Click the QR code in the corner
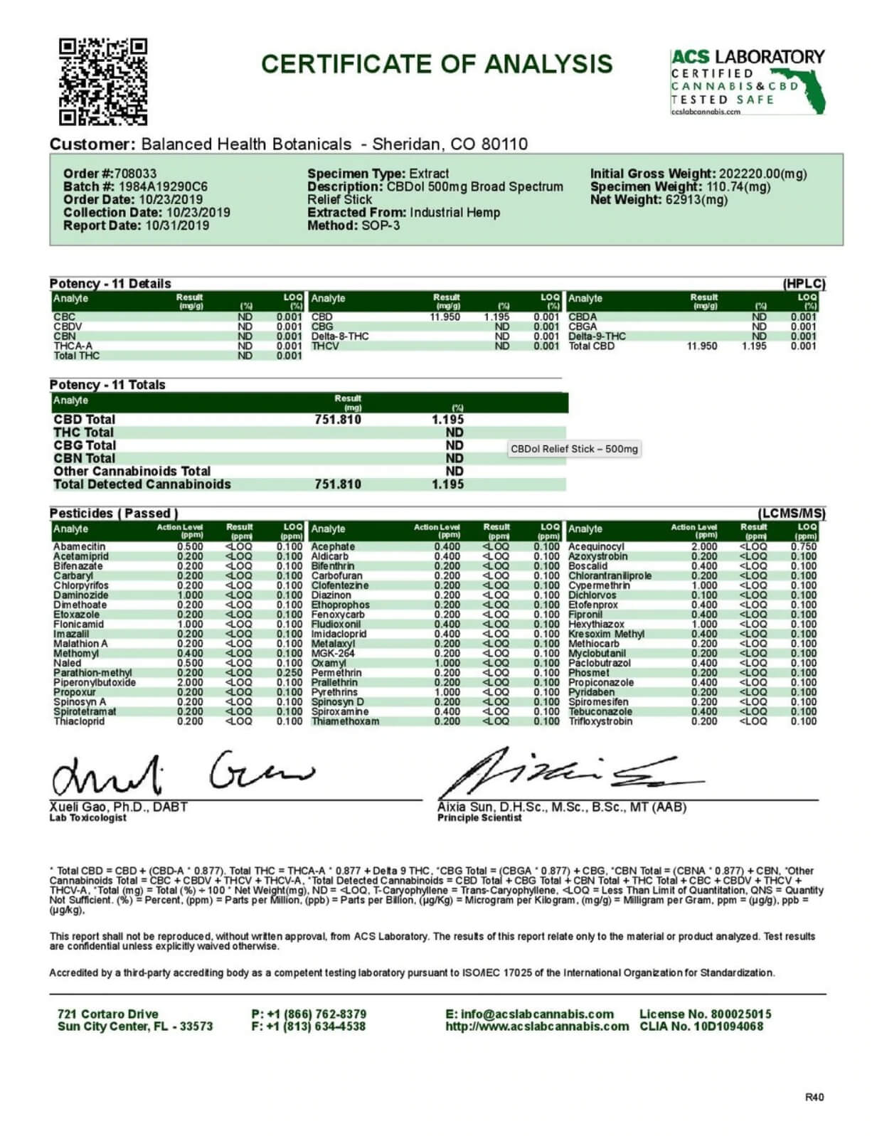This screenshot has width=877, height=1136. click(x=102, y=81)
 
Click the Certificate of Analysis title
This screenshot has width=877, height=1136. click(x=437, y=64)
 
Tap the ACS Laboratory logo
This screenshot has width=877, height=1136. click(x=747, y=81)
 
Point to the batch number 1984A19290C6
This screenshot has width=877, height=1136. click(x=163, y=186)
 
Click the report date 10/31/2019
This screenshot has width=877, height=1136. click(x=177, y=225)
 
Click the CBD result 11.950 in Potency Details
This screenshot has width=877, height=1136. click(x=445, y=317)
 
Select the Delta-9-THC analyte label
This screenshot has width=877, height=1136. click(x=597, y=336)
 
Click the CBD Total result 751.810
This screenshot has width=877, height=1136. click(x=338, y=420)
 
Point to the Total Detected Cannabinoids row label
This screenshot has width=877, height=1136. click(x=142, y=484)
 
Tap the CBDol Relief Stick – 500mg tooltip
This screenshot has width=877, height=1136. click(x=574, y=449)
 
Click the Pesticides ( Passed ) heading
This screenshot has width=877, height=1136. click(x=114, y=513)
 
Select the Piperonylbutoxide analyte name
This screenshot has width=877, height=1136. click(x=95, y=682)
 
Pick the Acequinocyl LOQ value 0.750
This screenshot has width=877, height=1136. click(x=804, y=547)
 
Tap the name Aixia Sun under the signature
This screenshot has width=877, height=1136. click(x=462, y=807)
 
